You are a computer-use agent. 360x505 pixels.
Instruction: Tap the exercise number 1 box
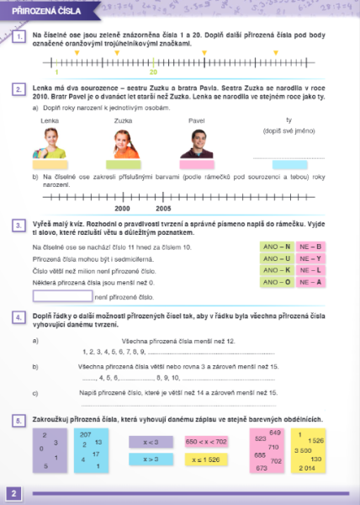[x=19, y=37]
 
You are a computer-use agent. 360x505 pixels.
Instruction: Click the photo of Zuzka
[x=123, y=142]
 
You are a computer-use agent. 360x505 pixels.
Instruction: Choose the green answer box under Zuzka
[x=123, y=165]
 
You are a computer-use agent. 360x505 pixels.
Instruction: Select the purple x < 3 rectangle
[x=151, y=442]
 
